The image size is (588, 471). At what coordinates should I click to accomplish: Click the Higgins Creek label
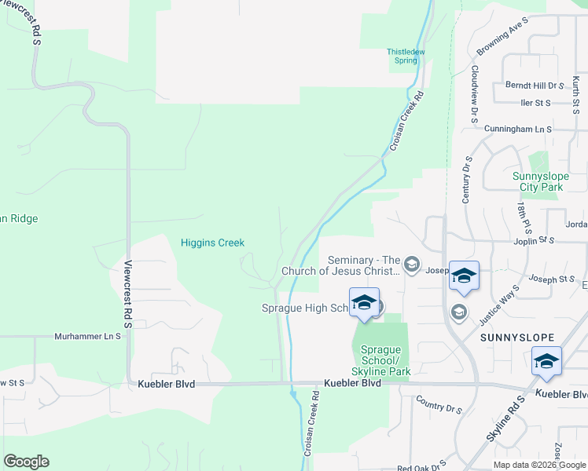tap(213, 243)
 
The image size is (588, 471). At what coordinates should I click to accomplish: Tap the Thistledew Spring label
tap(406, 56)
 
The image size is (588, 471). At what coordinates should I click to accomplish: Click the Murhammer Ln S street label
tap(87, 336)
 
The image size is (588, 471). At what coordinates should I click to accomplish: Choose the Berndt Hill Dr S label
tap(535, 85)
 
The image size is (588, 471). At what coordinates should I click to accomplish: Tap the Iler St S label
tap(535, 103)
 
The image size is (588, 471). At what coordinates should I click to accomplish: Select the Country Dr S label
tap(439, 408)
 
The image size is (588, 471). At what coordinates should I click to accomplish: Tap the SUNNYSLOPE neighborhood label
tap(513, 337)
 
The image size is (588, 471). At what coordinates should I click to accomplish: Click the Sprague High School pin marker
tap(365, 303)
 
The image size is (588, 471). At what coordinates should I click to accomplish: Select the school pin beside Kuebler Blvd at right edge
tap(546, 361)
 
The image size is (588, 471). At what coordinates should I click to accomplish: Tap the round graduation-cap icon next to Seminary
tap(412, 266)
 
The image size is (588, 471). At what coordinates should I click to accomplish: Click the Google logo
tap(26, 462)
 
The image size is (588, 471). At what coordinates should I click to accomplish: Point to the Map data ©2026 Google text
tap(538, 465)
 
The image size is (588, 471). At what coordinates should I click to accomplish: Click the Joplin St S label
tap(535, 242)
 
